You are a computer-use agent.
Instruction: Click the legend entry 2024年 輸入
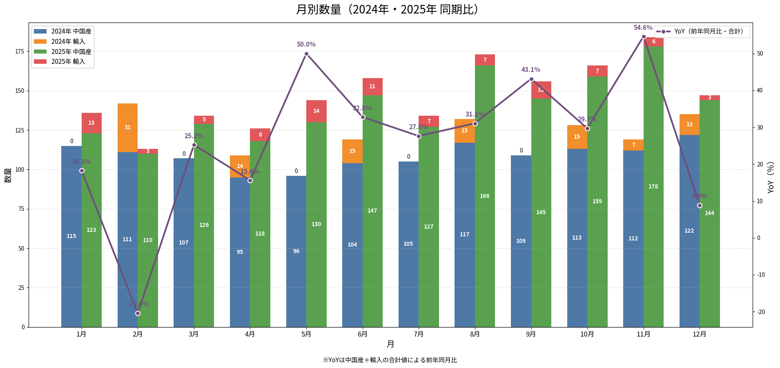click(x=68, y=41)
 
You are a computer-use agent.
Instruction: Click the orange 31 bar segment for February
click(x=127, y=128)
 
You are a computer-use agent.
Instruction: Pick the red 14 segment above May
click(x=316, y=111)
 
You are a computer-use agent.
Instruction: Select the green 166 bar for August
click(x=485, y=196)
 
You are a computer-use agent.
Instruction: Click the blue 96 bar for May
click(x=296, y=251)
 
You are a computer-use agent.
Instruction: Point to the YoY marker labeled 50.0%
click(x=306, y=54)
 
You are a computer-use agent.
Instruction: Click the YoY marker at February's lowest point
click(x=138, y=313)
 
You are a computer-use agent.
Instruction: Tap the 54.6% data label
click(x=643, y=28)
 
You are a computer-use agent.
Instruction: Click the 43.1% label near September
click(x=530, y=70)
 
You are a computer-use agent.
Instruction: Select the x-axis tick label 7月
click(x=419, y=334)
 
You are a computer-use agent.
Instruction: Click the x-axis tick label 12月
click(x=700, y=334)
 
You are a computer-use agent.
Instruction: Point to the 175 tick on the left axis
click(x=20, y=51)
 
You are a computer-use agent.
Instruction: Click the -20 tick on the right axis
click(x=761, y=312)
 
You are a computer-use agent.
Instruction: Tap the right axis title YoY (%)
click(x=771, y=177)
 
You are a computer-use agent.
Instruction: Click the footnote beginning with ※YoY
click(x=390, y=360)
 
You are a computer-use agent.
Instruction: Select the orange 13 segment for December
click(x=689, y=125)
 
